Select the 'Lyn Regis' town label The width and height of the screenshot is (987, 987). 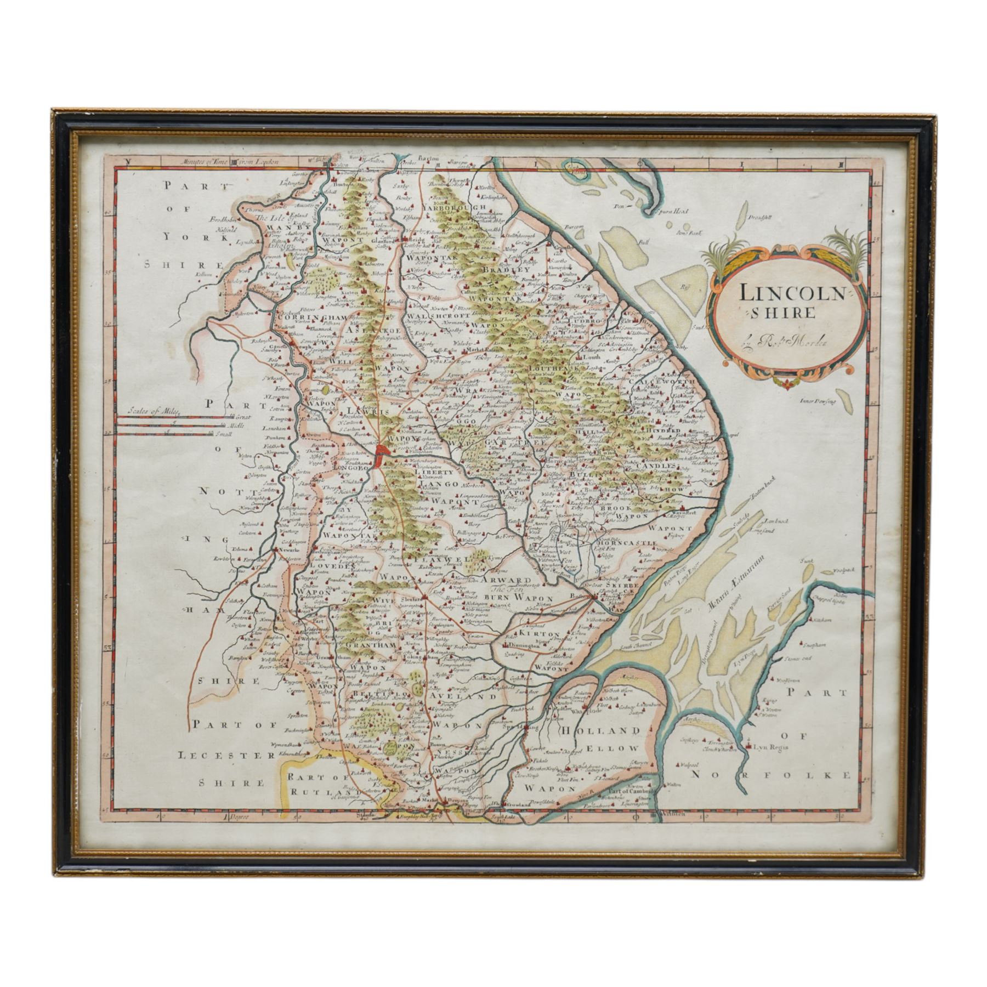[x=768, y=747]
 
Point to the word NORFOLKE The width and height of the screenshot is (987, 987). [x=771, y=774]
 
